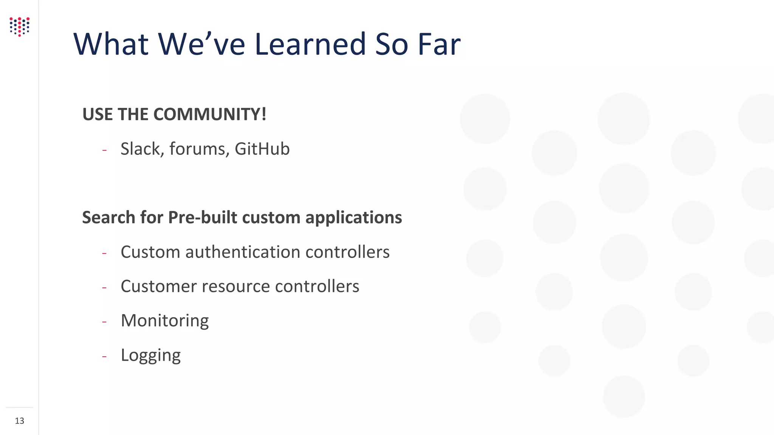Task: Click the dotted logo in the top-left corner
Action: (x=20, y=26)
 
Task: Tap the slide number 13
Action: (x=20, y=421)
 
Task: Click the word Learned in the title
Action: (x=310, y=44)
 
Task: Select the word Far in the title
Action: (x=439, y=44)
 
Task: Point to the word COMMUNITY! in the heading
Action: (x=210, y=114)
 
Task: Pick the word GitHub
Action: (x=262, y=149)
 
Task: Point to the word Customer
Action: (x=159, y=286)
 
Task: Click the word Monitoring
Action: (x=165, y=321)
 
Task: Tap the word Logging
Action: (x=151, y=355)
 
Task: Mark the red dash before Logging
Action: (x=104, y=356)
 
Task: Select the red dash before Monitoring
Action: (x=104, y=322)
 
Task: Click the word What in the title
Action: (x=111, y=44)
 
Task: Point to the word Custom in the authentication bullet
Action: (x=150, y=252)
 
